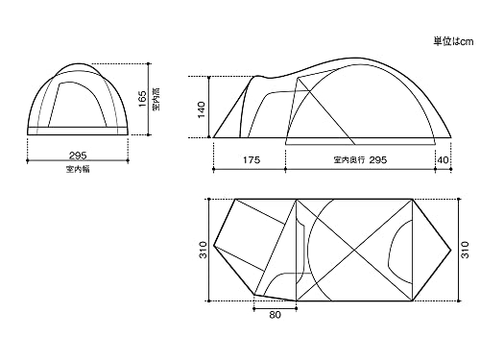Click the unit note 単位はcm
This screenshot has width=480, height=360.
click(453, 41)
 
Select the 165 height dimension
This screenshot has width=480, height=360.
click(143, 99)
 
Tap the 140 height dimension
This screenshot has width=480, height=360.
click(202, 109)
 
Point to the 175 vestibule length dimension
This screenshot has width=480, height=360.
click(252, 159)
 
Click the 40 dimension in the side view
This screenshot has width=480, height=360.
click(443, 159)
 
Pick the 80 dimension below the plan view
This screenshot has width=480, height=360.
click(275, 315)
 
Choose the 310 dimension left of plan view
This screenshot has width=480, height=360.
click(204, 250)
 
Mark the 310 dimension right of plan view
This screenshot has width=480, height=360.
click(466, 250)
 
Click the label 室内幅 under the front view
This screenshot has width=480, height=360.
click(78, 169)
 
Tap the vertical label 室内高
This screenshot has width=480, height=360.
click(156, 99)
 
